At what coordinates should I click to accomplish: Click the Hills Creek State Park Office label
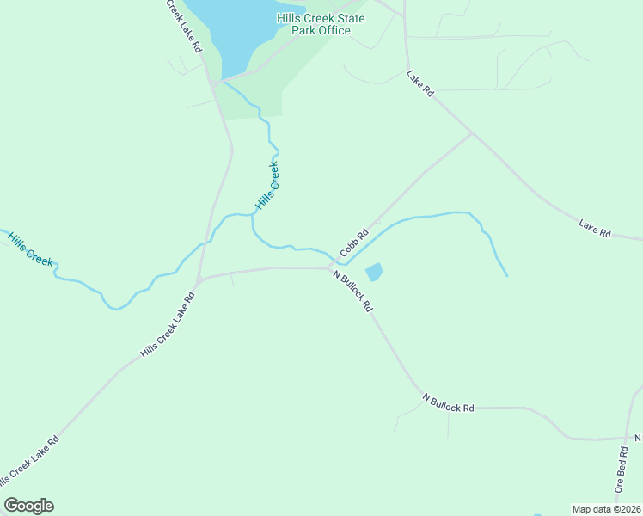click(x=320, y=24)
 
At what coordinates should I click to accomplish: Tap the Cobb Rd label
click(x=354, y=243)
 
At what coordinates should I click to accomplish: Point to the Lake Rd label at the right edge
click(x=594, y=229)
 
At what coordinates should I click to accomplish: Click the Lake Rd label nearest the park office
click(x=420, y=83)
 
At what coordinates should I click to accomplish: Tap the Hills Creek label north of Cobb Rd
click(x=268, y=187)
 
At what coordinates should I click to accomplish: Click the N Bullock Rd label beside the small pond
click(x=353, y=292)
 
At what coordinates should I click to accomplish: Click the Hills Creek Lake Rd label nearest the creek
click(x=168, y=325)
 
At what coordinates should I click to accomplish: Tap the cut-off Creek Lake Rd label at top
click(x=183, y=26)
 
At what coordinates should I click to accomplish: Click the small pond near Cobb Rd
click(x=374, y=273)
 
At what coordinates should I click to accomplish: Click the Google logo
click(x=28, y=506)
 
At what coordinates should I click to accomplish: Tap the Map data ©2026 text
click(x=606, y=509)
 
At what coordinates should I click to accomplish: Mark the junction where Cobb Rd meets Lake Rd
click(x=472, y=133)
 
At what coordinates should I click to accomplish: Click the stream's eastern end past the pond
click(x=506, y=275)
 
